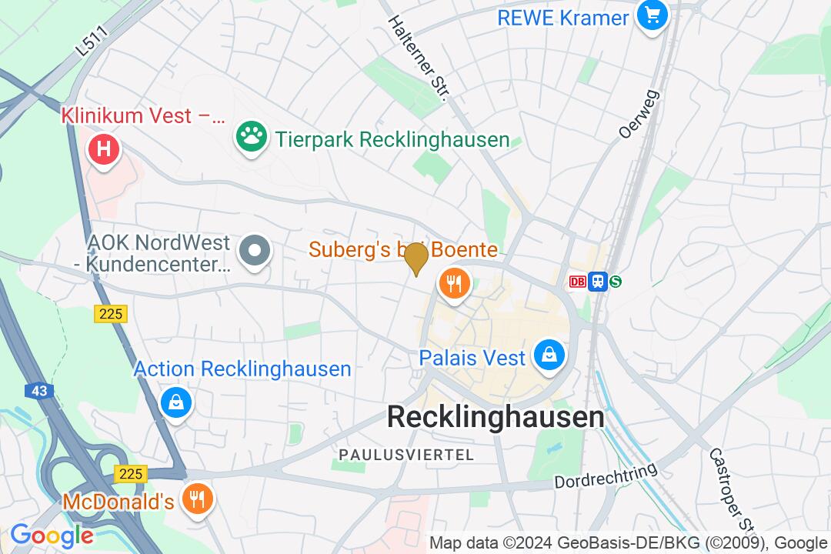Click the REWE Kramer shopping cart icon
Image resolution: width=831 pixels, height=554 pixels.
652,15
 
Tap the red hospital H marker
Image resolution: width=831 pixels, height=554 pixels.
104,148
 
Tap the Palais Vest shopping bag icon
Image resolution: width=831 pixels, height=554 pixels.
549,355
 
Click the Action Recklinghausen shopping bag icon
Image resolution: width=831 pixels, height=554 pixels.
176,402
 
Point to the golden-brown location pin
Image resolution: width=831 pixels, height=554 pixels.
416,258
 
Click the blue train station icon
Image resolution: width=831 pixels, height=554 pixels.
597,282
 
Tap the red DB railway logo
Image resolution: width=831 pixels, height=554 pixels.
578,282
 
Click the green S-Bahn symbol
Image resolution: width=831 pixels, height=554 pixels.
616,282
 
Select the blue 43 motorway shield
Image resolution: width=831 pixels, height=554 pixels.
40,391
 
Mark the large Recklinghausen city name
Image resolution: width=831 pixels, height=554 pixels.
495,417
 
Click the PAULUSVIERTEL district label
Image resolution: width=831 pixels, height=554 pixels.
406,456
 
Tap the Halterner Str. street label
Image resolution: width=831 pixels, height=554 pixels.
418,58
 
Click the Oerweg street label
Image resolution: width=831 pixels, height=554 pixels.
629,113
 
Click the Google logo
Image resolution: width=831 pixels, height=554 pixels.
52,536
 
